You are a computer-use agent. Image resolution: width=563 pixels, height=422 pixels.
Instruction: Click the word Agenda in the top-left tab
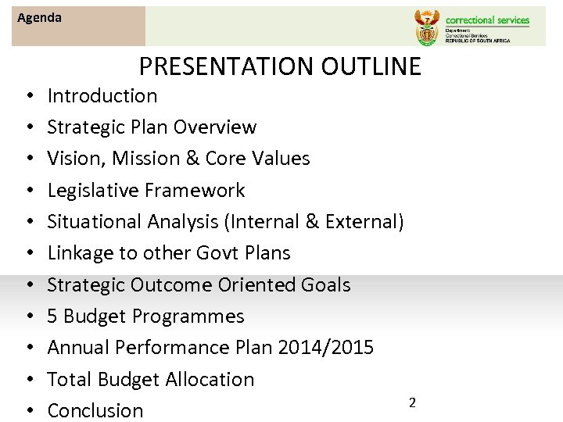point(39,17)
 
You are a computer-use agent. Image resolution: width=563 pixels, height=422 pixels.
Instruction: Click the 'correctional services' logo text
point(487,20)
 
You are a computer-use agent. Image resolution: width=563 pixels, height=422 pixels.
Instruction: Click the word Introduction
point(102,96)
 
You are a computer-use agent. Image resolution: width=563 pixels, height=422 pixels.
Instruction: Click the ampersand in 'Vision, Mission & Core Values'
point(191,159)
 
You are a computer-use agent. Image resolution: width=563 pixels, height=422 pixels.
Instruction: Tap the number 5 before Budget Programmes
point(52,316)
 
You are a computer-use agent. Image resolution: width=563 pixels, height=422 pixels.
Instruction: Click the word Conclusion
point(95,410)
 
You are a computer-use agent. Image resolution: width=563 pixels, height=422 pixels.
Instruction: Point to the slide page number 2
point(412,402)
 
